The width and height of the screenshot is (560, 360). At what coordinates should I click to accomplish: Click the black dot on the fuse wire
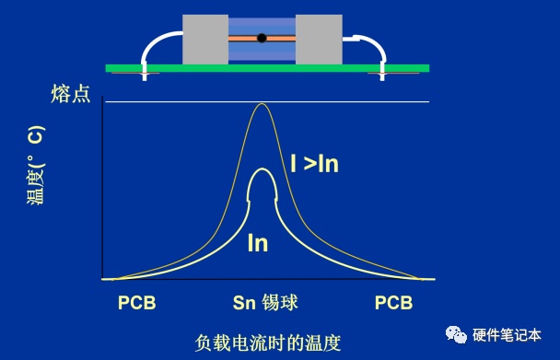(x=262, y=38)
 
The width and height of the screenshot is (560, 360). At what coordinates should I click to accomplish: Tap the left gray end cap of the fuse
(x=205, y=40)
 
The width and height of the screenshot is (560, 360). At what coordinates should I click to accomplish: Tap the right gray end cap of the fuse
(x=319, y=40)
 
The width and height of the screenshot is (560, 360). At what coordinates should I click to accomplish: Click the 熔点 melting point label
(x=70, y=94)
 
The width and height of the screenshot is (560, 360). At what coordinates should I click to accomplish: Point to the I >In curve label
(x=314, y=164)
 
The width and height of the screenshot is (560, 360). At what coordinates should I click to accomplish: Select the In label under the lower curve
(x=258, y=243)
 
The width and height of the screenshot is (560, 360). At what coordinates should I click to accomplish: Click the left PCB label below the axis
(x=137, y=303)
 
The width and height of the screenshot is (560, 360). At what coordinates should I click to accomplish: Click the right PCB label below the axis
(x=393, y=303)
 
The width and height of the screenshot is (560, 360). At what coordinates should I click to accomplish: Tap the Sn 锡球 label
(x=265, y=303)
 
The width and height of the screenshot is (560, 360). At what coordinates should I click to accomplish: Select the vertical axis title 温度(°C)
(x=37, y=165)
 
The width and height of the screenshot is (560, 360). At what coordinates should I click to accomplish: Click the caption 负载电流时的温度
(x=268, y=343)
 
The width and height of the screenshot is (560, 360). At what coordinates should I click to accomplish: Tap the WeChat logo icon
(x=456, y=334)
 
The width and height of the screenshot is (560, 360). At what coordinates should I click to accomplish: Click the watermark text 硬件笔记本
(x=507, y=335)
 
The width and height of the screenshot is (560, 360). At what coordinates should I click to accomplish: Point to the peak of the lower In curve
(x=262, y=168)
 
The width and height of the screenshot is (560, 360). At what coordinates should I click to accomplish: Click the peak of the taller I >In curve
(x=262, y=104)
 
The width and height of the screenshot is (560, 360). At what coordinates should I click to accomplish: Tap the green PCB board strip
(x=267, y=68)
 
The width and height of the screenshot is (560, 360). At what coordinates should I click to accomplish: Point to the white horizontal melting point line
(x=267, y=102)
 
